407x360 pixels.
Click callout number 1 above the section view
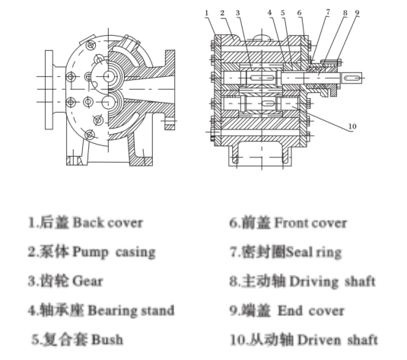pos(207,13)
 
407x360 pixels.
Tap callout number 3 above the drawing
pos(238,13)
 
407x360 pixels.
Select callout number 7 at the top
pos(328,12)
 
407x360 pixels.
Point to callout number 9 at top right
pos(357,13)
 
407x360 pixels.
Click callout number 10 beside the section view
pos(352,126)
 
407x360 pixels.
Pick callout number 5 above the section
pos(283,13)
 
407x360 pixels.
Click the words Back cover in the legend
pos(108,223)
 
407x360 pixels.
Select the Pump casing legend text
pos(114,252)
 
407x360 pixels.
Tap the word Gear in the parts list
pos(87,281)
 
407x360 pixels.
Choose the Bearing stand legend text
pos(131,311)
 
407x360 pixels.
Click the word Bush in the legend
pos(107,339)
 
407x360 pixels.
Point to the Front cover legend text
pos(310,223)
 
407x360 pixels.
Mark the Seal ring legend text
pos(313,252)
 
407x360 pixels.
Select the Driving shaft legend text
pos(332,282)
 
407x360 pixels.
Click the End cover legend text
pos(311,311)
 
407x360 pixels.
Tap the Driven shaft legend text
pos(338,339)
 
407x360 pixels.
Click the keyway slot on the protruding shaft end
pos(352,78)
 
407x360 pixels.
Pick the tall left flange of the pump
pos(49,90)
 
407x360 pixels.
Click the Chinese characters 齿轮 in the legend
pos(55,281)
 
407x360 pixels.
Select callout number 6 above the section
pos(300,13)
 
